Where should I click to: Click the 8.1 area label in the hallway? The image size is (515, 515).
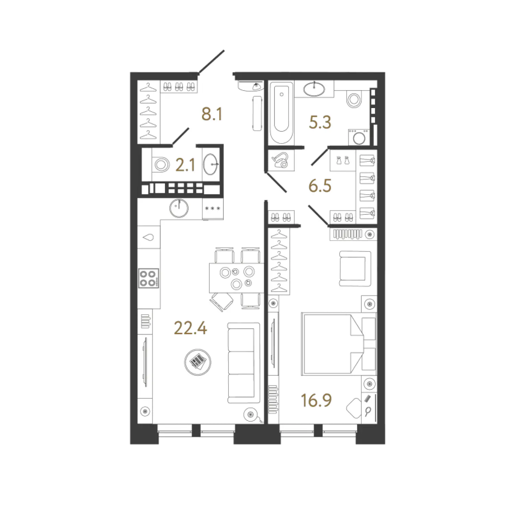(x=212, y=114)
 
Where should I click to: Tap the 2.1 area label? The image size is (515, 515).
(x=185, y=165)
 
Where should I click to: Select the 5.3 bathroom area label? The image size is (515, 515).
(x=320, y=122)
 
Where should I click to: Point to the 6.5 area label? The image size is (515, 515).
(x=320, y=186)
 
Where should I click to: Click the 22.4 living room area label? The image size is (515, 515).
(x=190, y=328)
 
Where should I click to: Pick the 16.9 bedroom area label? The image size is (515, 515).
(x=316, y=400)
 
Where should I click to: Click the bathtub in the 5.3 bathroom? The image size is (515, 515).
(x=281, y=113)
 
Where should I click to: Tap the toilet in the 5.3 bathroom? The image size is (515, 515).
(x=354, y=100)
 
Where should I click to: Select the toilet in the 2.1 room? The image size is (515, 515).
(x=161, y=165)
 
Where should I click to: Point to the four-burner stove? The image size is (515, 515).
(x=149, y=278)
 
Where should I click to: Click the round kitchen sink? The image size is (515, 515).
(x=179, y=208)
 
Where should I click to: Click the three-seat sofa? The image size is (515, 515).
(x=244, y=363)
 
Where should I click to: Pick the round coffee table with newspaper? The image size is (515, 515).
(x=198, y=362)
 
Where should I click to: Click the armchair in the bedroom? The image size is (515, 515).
(x=355, y=269)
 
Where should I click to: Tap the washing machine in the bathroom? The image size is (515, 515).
(x=359, y=137)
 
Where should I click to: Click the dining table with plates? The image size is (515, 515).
(x=236, y=278)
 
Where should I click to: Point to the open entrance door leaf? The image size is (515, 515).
(x=212, y=62)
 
